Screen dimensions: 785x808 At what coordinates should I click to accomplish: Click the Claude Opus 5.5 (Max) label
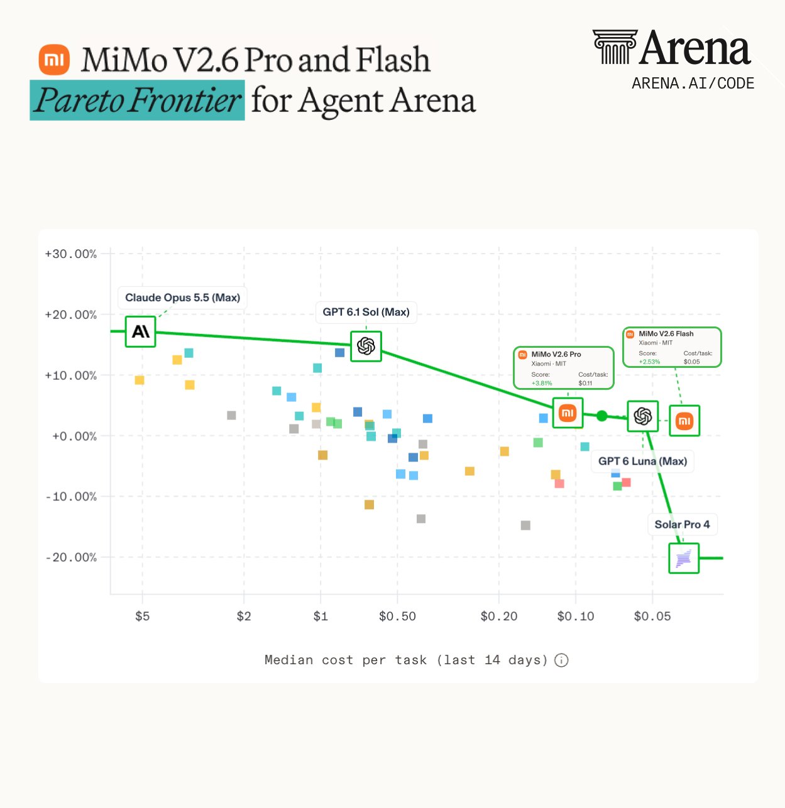(182, 298)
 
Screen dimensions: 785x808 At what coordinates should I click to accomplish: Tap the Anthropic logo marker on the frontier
(140, 331)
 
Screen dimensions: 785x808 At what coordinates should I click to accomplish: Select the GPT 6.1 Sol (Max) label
(366, 312)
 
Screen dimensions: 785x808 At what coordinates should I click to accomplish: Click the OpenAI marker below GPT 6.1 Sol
(366, 347)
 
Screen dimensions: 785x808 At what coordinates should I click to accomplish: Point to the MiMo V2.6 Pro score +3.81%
(542, 383)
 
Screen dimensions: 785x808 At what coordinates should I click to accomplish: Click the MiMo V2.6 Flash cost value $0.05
(691, 362)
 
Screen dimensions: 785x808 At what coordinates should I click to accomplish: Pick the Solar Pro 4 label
(682, 524)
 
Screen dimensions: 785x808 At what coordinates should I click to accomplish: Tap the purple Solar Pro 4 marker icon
(684, 559)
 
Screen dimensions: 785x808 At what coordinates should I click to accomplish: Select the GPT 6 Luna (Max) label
(642, 461)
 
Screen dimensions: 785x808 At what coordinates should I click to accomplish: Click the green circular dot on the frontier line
(601, 416)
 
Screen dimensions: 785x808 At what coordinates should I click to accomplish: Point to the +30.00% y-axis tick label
(70, 254)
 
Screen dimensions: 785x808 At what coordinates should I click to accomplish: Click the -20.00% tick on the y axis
(70, 558)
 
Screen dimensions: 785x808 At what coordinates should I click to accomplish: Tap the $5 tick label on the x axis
(142, 616)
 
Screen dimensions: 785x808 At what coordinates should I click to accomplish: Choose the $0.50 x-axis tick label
(397, 616)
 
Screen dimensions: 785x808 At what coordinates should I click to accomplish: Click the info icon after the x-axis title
(561, 660)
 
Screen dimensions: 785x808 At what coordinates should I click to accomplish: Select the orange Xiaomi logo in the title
(54, 60)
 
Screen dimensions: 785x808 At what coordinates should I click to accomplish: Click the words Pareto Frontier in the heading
(138, 100)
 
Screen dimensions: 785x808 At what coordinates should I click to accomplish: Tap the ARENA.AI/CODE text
(693, 83)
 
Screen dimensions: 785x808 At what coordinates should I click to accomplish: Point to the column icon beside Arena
(615, 47)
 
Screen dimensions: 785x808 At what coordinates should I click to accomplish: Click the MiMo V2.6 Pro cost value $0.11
(585, 383)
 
